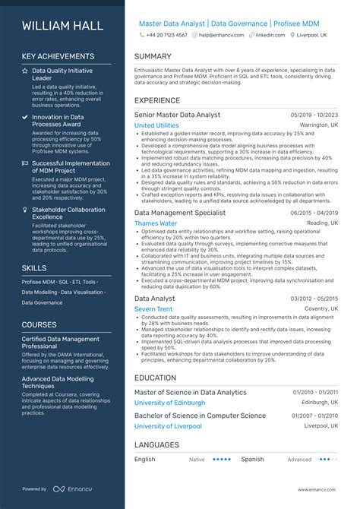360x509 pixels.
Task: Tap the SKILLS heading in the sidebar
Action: (34, 268)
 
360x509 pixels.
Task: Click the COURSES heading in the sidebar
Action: (39, 324)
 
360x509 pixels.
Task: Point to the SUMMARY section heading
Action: (153, 57)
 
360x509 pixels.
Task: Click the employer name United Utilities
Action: (156, 125)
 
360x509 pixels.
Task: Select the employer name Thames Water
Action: (156, 224)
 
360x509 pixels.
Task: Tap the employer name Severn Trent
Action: (153, 310)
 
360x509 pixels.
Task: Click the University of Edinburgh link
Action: (170, 403)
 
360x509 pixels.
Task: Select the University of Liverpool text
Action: (168, 426)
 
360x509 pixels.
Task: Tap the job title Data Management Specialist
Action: (180, 213)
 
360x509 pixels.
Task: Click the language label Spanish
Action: (252, 459)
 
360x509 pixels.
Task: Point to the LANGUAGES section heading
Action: (157, 444)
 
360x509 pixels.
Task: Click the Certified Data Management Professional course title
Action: (61, 343)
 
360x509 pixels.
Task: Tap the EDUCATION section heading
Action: (156, 377)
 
